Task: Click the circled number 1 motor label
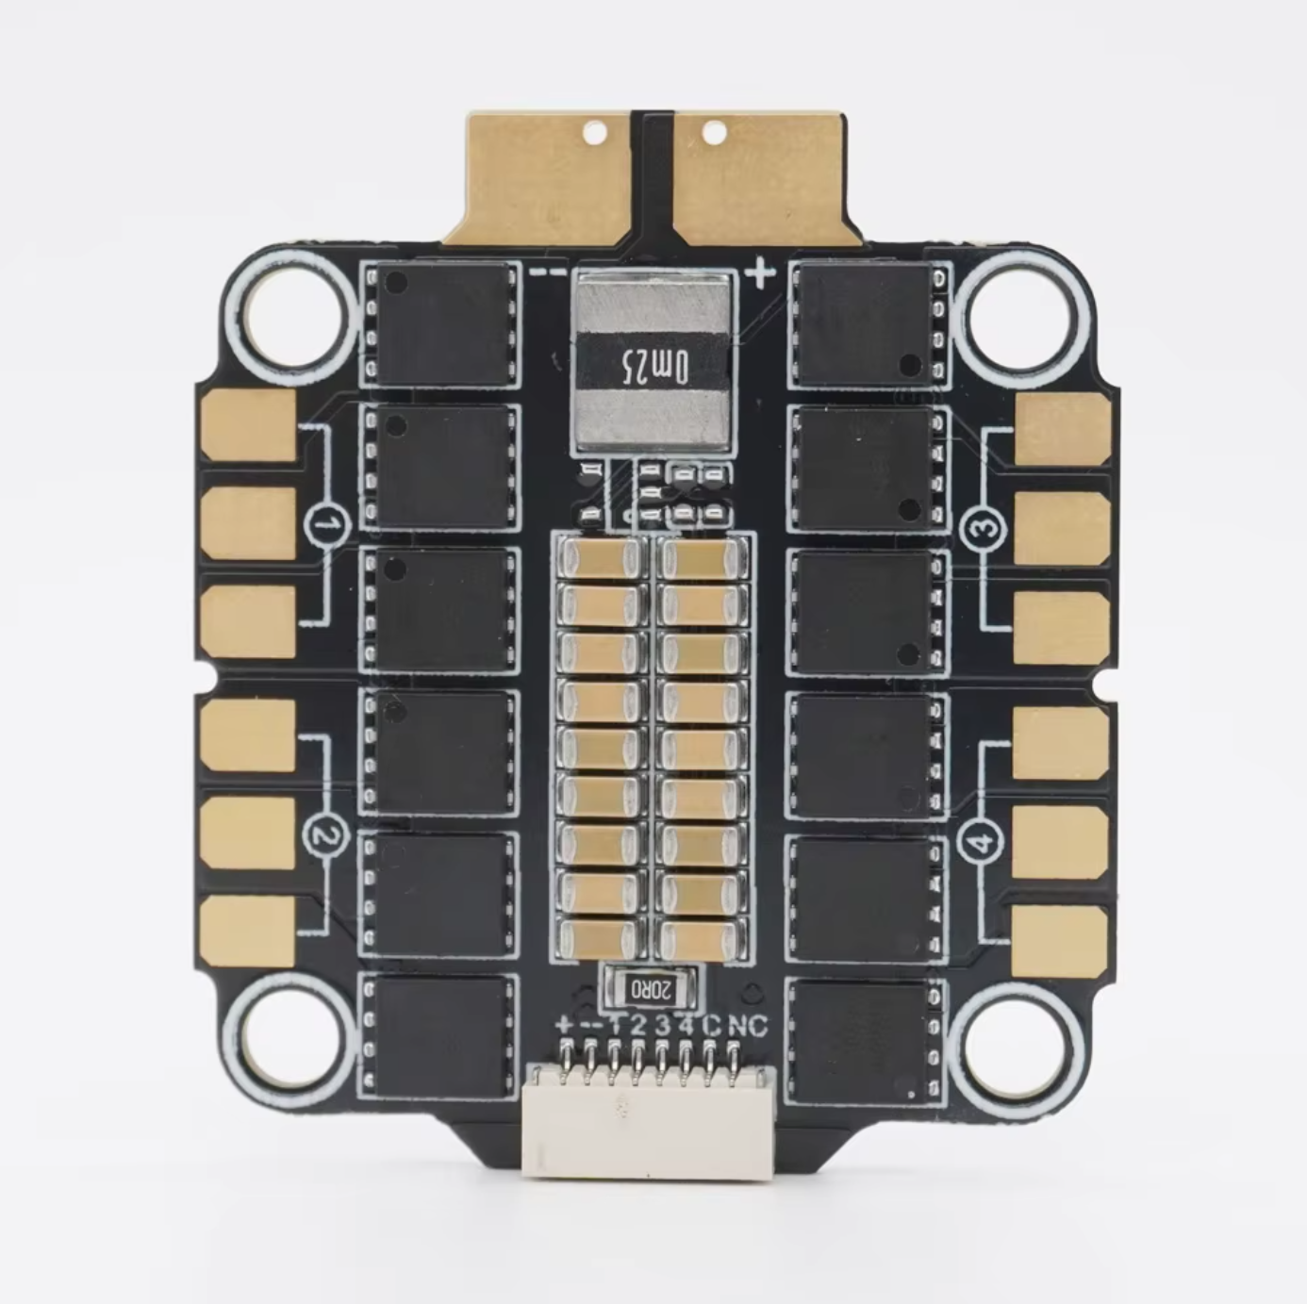(327, 525)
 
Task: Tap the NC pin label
(747, 1027)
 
